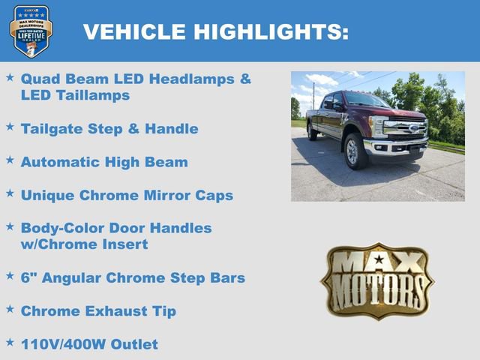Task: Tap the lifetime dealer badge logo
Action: click(31, 30)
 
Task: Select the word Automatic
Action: click(62, 162)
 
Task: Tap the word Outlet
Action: click(134, 344)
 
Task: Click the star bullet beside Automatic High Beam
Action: click(10, 160)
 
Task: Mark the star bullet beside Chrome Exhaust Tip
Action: click(10, 308)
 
